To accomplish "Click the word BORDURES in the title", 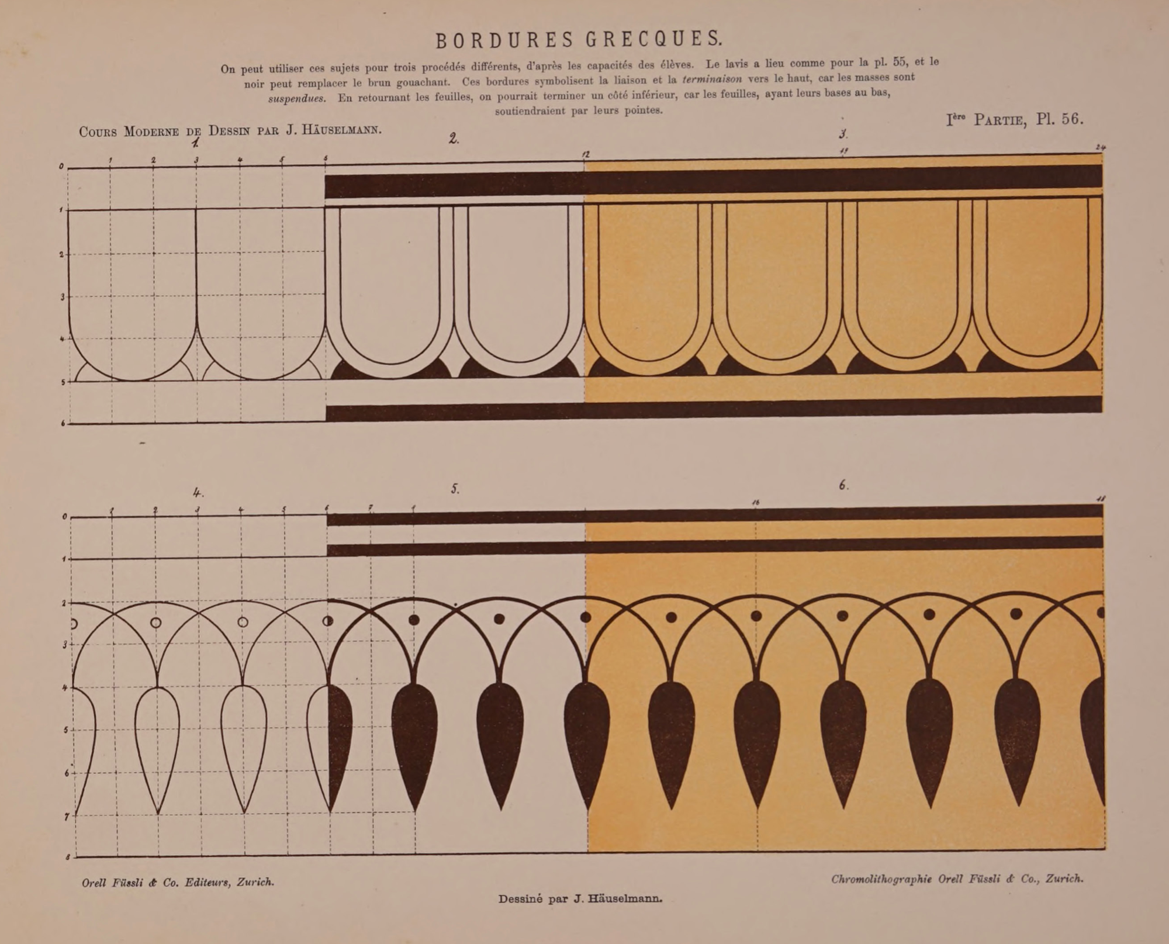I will [x=504, y=40].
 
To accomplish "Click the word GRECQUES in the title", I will [x=653, y=39].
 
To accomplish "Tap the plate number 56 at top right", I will [x=1072, y=119].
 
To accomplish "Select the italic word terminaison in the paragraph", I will [x=712, y=78].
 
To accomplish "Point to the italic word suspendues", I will [x=297, y=99].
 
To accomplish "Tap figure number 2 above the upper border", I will [x=454, y=139].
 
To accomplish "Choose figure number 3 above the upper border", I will [x=843, y=134].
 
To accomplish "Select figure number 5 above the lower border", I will [x=455, y=489].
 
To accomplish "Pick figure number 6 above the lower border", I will [x=843, y=485].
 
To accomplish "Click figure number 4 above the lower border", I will [x=198, y=493].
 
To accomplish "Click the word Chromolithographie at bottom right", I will [x=881, y=879].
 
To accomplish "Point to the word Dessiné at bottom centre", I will [x=520, y=899].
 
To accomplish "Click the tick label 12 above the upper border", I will [x=586, y=154].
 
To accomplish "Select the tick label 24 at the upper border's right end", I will [x=1099, y=148].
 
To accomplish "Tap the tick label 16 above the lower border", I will [x=756, y=503].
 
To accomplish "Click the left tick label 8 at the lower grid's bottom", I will [x=68, y=857].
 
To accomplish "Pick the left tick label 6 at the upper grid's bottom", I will [x=63, y=423].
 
